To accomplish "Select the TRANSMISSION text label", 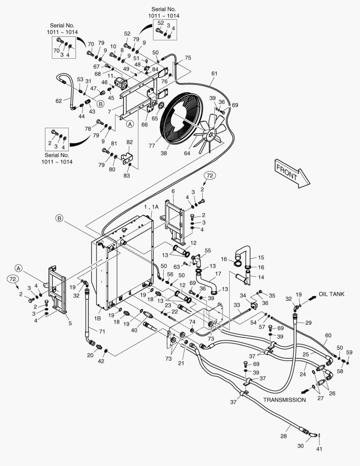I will (285, 400).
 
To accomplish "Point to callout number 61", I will (214, 74).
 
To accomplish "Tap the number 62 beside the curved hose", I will (59, 101).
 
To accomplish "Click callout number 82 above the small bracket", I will (129, 142).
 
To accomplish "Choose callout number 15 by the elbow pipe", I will (260, 257).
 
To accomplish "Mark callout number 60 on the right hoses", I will (328, 335).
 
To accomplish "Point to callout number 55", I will (208, 250).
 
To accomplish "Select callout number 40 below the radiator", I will (135, 331).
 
